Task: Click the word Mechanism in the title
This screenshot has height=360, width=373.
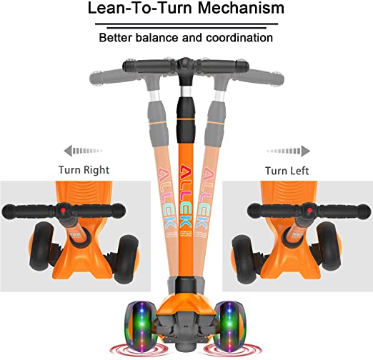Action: click(241, 8)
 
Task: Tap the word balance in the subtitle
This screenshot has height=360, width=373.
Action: click(156, 38)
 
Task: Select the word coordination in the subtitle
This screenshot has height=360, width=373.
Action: click(239, 38)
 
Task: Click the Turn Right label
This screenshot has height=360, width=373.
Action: click(84, 170)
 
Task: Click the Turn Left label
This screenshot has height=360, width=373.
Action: click(287, 171)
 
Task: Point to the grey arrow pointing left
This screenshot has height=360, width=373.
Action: click(83, 151)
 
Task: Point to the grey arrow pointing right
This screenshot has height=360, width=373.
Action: click(289, 151)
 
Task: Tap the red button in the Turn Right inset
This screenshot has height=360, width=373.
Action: click(63, 211)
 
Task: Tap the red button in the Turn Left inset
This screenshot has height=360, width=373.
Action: click(309, 210)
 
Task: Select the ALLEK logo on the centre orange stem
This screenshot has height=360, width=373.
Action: click(186, 196)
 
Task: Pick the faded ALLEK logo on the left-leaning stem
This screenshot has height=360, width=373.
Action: click(166, 198)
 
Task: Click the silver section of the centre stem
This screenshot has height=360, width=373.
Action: click(186, 91)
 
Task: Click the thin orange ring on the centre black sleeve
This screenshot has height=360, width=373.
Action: click(186, 119)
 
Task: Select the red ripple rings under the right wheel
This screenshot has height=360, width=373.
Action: click(232, 351)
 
